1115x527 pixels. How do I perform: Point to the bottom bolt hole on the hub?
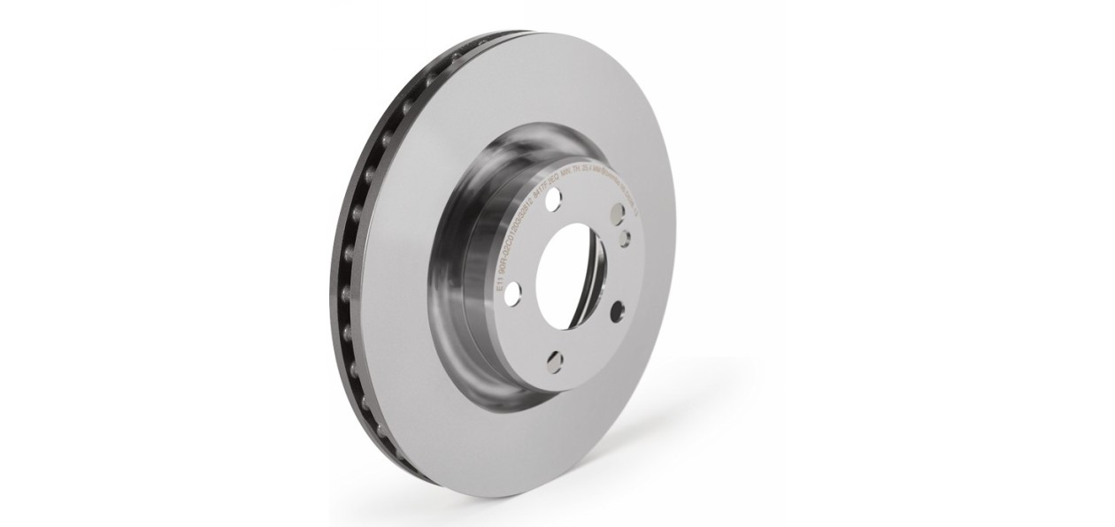(554, 359)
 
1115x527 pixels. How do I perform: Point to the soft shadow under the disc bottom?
(496, 500)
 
